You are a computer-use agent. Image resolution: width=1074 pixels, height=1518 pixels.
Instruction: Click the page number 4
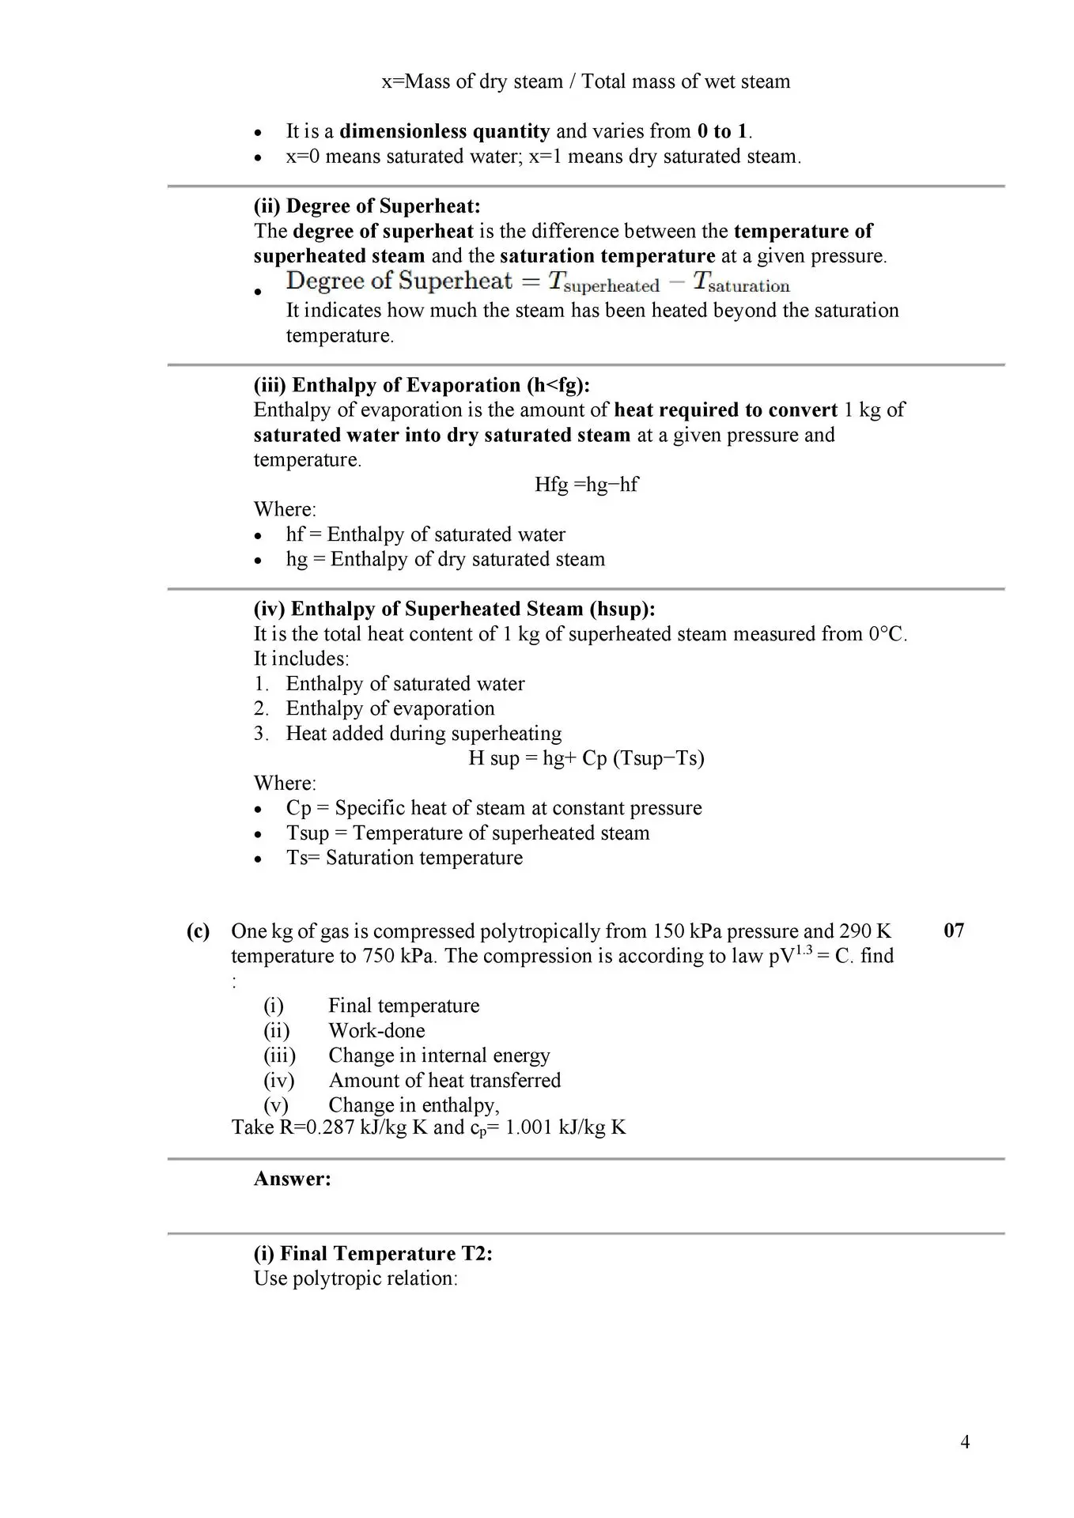point(965,1442)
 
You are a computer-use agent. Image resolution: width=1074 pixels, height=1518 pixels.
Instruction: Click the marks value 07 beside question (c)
point(954,931)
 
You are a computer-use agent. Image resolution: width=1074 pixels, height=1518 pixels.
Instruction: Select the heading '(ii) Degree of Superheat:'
point(367,206)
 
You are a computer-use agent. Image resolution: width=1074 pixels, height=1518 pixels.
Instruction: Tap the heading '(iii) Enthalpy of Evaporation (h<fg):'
point(422,385)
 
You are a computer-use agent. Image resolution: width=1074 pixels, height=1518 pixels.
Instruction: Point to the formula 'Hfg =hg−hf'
point(586,485)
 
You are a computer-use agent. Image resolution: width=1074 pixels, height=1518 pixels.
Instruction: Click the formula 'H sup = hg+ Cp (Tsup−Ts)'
point(586,758)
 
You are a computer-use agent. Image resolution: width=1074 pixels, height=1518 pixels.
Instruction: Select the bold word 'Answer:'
point(292,1179)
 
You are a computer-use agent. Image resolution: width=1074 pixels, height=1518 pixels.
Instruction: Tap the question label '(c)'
point(198,931)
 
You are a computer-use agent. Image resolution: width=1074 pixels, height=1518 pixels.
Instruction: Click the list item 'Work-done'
point(376,1031)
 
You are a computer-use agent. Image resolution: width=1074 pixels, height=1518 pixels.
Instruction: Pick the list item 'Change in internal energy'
point(439,1055)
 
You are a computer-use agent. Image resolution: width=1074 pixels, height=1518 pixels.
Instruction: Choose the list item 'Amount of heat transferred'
point(444,1081)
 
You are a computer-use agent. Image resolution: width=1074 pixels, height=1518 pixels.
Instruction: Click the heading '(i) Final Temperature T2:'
point(373,1254)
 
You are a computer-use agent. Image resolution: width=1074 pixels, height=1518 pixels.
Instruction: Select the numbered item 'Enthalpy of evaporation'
point(390,708)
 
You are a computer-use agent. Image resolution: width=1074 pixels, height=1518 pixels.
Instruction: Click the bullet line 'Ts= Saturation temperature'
point(403,858)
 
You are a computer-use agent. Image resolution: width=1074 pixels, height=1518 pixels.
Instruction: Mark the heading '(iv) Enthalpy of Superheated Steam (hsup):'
point(454,609)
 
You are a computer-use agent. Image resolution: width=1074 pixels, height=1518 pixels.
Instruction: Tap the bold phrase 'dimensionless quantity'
point(444,131)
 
